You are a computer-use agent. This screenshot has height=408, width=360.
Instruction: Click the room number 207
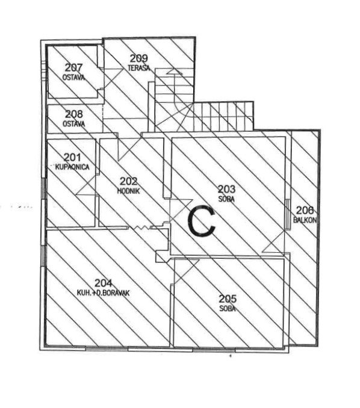73,67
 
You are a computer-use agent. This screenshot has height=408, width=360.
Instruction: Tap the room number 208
74,114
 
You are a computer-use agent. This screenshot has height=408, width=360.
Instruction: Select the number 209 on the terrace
138,58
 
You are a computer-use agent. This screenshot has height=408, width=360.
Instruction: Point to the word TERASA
139,67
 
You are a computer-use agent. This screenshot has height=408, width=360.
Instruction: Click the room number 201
72,157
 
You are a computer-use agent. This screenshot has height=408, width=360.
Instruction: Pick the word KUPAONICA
72,167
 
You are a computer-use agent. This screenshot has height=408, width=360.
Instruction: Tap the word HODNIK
128,191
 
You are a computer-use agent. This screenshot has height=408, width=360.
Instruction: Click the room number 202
128,181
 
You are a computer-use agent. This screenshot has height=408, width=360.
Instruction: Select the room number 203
226,189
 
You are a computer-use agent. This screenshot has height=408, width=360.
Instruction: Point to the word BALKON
305,220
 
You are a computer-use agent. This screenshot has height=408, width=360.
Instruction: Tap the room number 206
305,210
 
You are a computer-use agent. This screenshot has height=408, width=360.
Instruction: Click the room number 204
104,283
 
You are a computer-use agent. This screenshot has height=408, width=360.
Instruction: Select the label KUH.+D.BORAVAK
104,293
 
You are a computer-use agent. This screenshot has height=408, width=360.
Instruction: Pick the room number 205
228,299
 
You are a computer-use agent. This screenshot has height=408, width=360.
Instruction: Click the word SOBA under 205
228,309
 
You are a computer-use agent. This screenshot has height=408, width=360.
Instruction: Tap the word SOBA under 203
226,199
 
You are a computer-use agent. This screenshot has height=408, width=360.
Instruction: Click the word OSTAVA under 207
73,77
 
